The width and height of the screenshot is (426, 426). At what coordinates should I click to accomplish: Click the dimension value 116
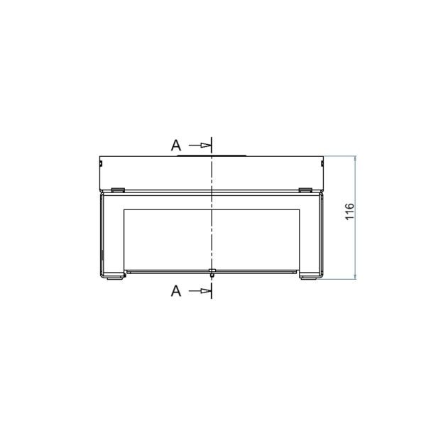(349, 212)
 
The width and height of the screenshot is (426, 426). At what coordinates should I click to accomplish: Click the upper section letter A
(176, 146)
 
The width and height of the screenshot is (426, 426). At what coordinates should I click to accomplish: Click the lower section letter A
(176, 291)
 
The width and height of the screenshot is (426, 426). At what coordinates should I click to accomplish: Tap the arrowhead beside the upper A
(206, 146)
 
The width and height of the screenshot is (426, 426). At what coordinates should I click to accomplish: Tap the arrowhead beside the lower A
(206, 291)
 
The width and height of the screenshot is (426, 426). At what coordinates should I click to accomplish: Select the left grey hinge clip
(118, 190)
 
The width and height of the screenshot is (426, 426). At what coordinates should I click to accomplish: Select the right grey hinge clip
(305, 190)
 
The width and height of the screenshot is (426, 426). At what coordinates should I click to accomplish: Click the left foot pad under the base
(114, 278)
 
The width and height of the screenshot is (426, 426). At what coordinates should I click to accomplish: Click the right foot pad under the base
(309, 278)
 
